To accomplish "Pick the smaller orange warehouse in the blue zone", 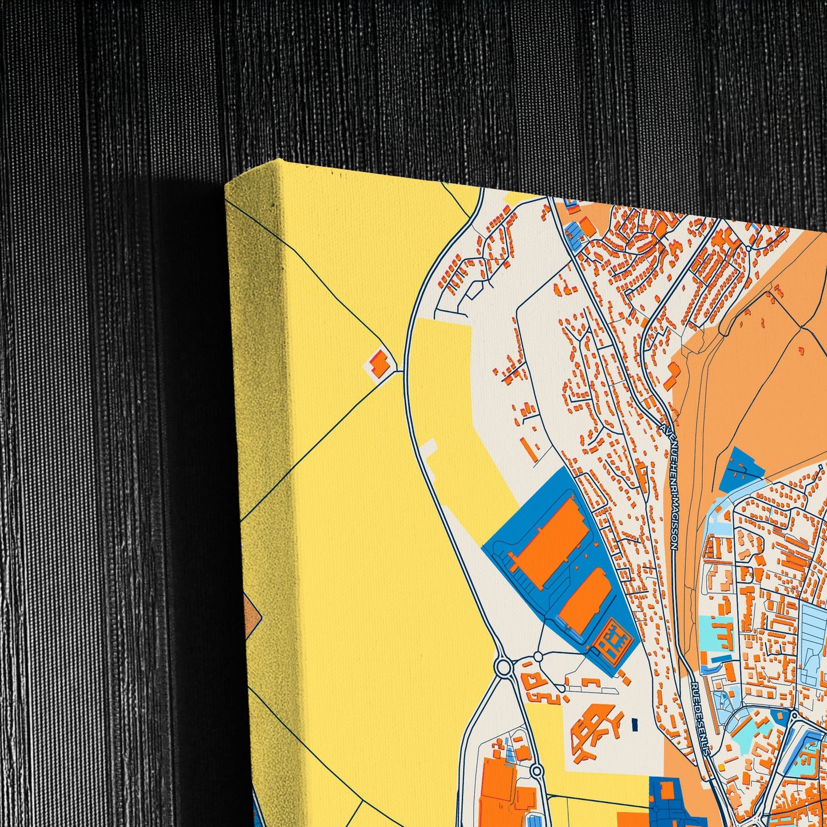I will coord(585,600).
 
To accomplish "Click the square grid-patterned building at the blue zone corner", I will coord(612,642).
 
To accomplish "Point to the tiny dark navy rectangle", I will coord(634,724).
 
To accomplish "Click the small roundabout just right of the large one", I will coord(538,656).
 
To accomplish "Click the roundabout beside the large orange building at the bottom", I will coord(536,771).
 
